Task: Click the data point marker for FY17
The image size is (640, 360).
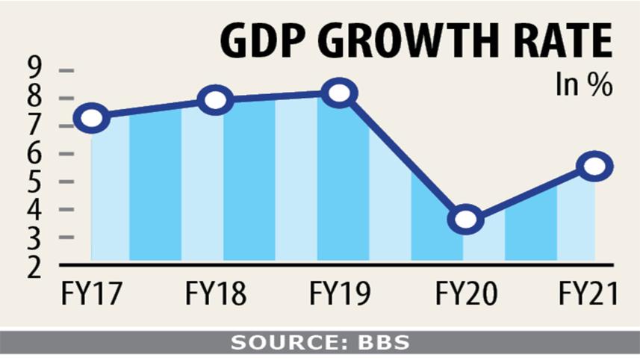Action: [91, 118]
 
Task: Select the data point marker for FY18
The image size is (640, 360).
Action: [214, 100]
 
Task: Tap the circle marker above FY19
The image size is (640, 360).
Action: [338, 94]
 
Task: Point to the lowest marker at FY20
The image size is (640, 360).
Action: [465, 219]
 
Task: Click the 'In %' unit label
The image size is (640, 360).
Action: [583, 84]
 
